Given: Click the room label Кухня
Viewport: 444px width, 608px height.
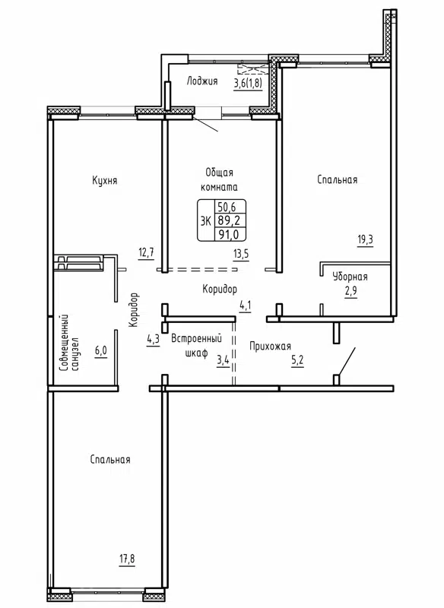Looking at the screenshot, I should [x=104, y=180].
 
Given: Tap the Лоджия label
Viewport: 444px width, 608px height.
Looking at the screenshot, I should [x=202, y=81].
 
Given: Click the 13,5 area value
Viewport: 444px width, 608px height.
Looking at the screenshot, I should [x=240, y=254].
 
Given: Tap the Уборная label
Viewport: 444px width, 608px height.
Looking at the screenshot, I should [x=350, y=277].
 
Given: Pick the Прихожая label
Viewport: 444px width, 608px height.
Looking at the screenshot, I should [x=271, y=346].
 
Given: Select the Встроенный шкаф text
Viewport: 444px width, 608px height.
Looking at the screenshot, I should [x=201, y=346].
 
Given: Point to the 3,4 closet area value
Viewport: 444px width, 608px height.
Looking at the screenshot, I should [x=223, y=361].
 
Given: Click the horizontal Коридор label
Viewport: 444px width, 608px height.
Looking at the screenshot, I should [x=220, y=289].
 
